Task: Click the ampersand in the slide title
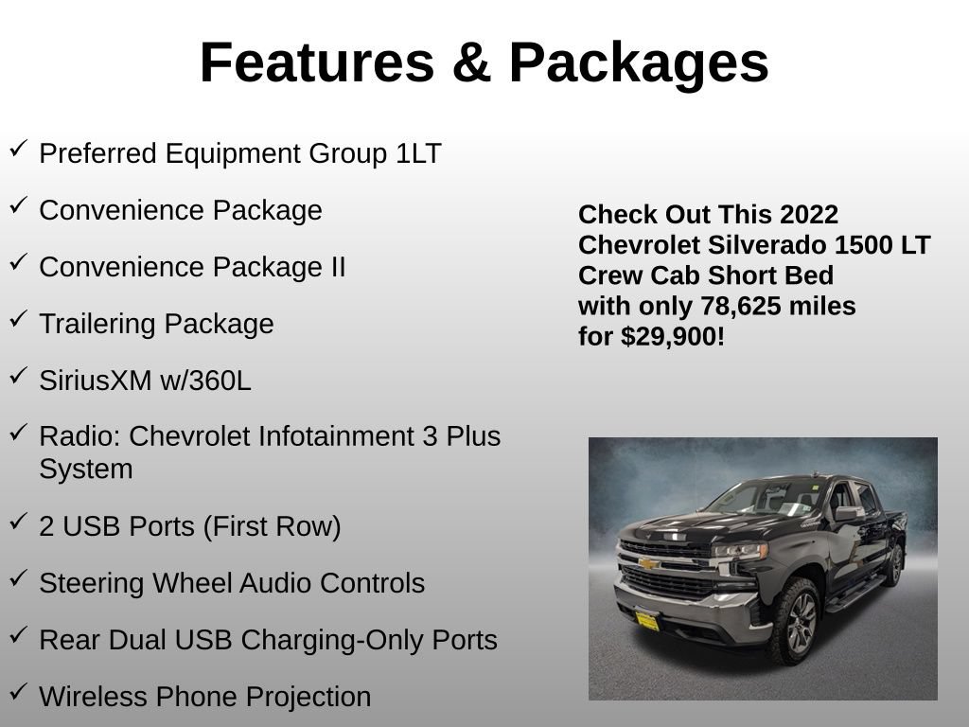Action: [x=471, y=62]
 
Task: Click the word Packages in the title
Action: [x=639, y=63]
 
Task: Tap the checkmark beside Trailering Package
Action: [x=19, y=320]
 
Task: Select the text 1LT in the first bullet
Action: [x=418, y=153]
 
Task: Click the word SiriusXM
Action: [x=96, y=381]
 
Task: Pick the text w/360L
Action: [x=205, y=381]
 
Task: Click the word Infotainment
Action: [x=336, y=435]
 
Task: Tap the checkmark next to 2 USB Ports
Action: [x=19, y=523]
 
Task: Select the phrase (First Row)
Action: [x=272, y=526]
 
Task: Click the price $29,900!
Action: [x=673, y=337]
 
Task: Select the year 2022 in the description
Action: [x=809, y=215]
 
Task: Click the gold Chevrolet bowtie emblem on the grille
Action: [x=648, y=563]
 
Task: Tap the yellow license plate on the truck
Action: [x=647, y=621]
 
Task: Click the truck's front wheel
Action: [x=797, y=621]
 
